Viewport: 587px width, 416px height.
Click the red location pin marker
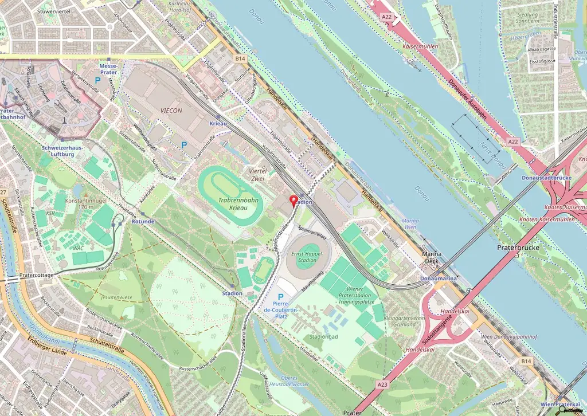tap(295, 201)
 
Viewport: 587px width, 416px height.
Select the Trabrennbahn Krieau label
tap(237, 203)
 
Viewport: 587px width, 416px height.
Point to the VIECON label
tap(171, 110)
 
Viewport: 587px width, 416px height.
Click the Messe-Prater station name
tap(108, 69)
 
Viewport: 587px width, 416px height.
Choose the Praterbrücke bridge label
tap(516, 248)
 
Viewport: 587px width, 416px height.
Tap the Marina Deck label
tap(435, 257)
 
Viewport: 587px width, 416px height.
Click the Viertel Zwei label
tap(255, 175)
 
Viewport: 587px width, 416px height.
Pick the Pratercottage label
tap(36, 275)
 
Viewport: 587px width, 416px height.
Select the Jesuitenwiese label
tap(115, 298)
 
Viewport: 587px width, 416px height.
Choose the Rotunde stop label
tap(143, 221)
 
